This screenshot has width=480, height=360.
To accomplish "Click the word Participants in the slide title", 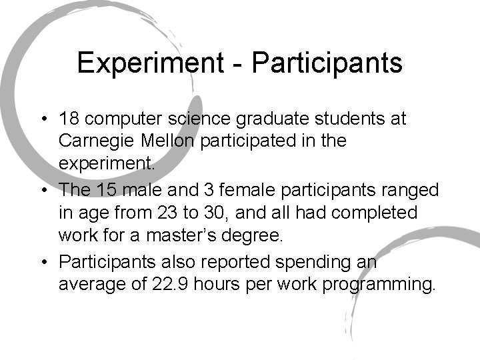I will [328, 64].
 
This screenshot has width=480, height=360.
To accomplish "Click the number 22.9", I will [167, 285].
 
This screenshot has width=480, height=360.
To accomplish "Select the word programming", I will [381, 285].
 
